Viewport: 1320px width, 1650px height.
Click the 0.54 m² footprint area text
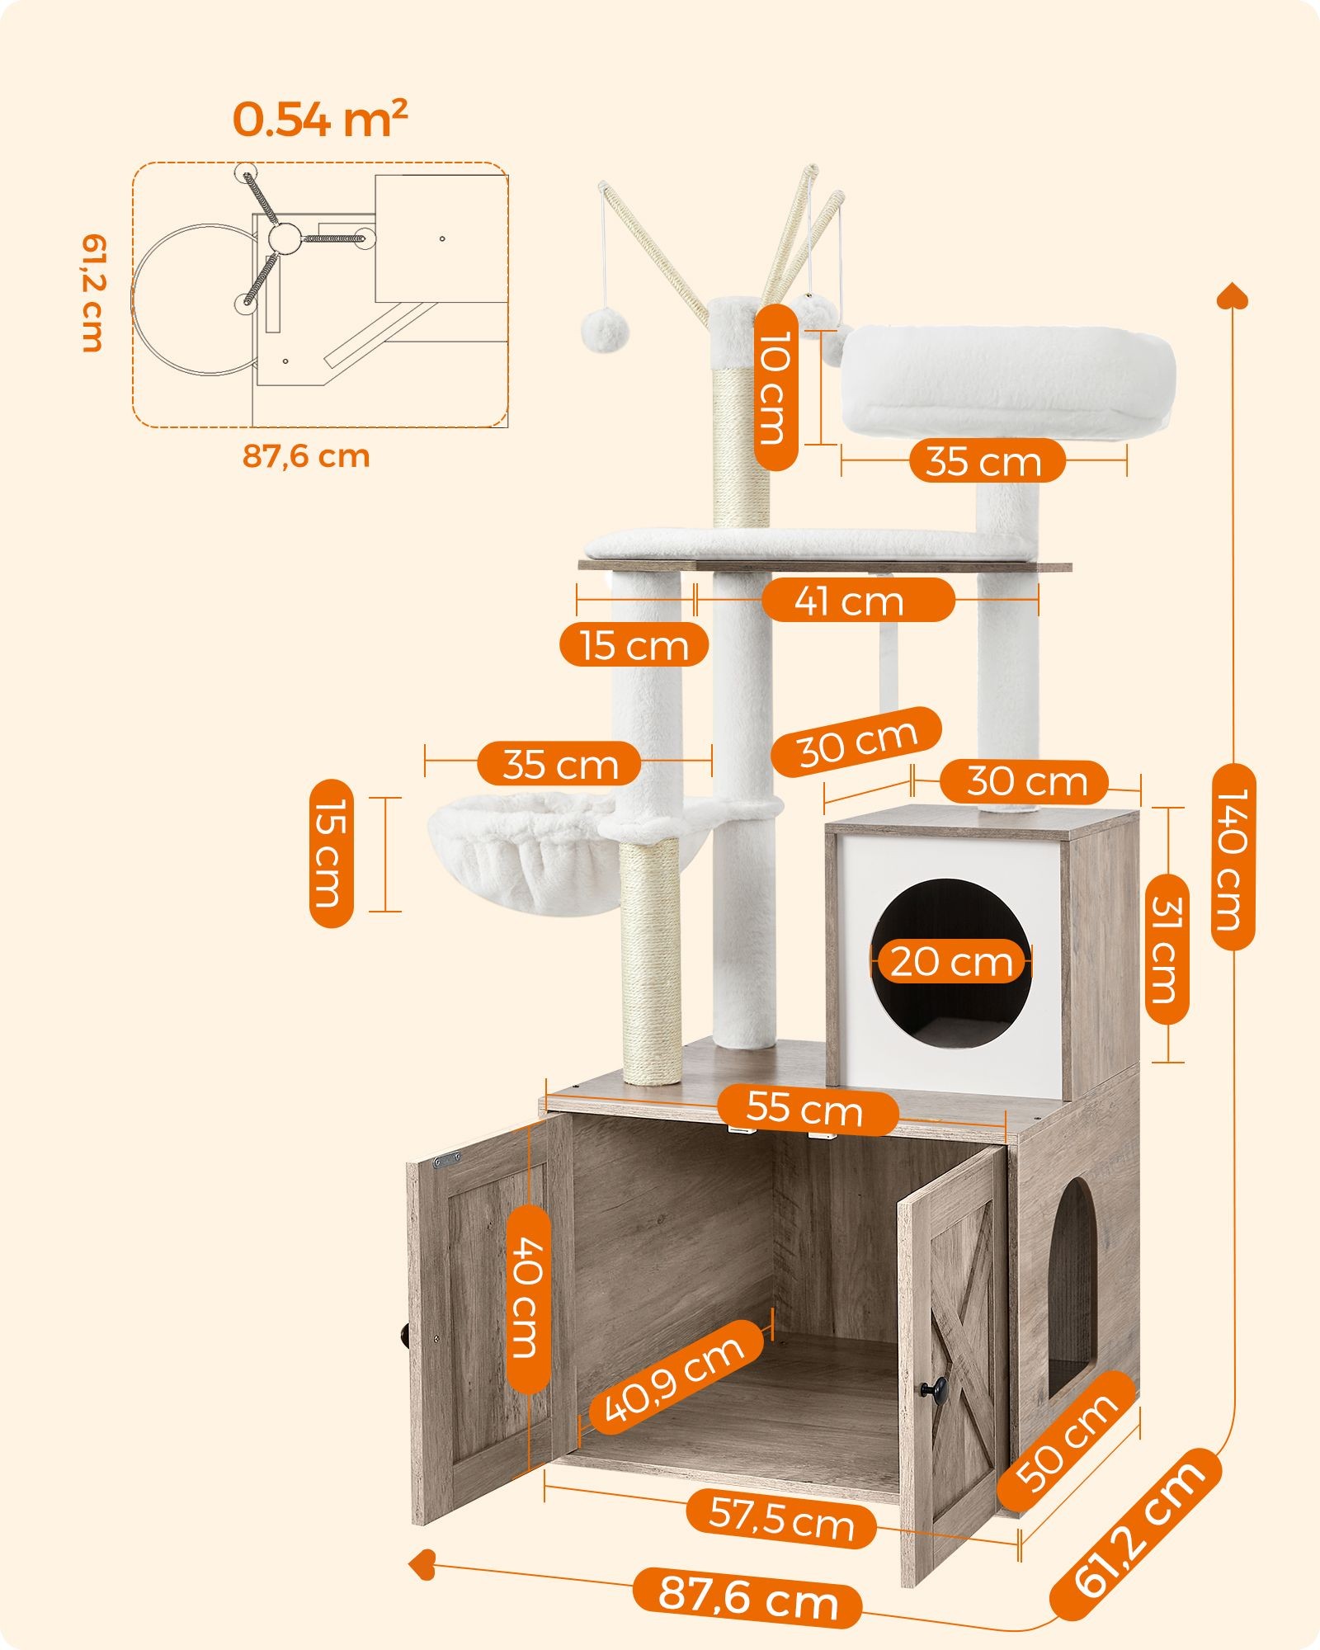pyautogui.click(x=320, y=120)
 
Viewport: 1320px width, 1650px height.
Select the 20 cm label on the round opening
pyautogui.click(x=951, y=962)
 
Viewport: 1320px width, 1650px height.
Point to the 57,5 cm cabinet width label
pyautogui.click(x=781, y=1519)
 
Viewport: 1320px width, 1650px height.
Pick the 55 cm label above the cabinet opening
pyautogui.click(x=806, y=1108)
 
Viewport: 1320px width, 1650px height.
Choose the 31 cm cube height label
pyautogui.click(x=1167, y=949)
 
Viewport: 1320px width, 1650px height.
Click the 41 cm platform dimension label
pyautogui.click(x=857, y=600)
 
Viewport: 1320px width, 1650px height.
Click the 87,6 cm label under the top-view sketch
pyautogui.click(x=306, y=455)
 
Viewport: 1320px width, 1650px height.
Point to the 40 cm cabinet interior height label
pyautogui.click(x=526, y=1298)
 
